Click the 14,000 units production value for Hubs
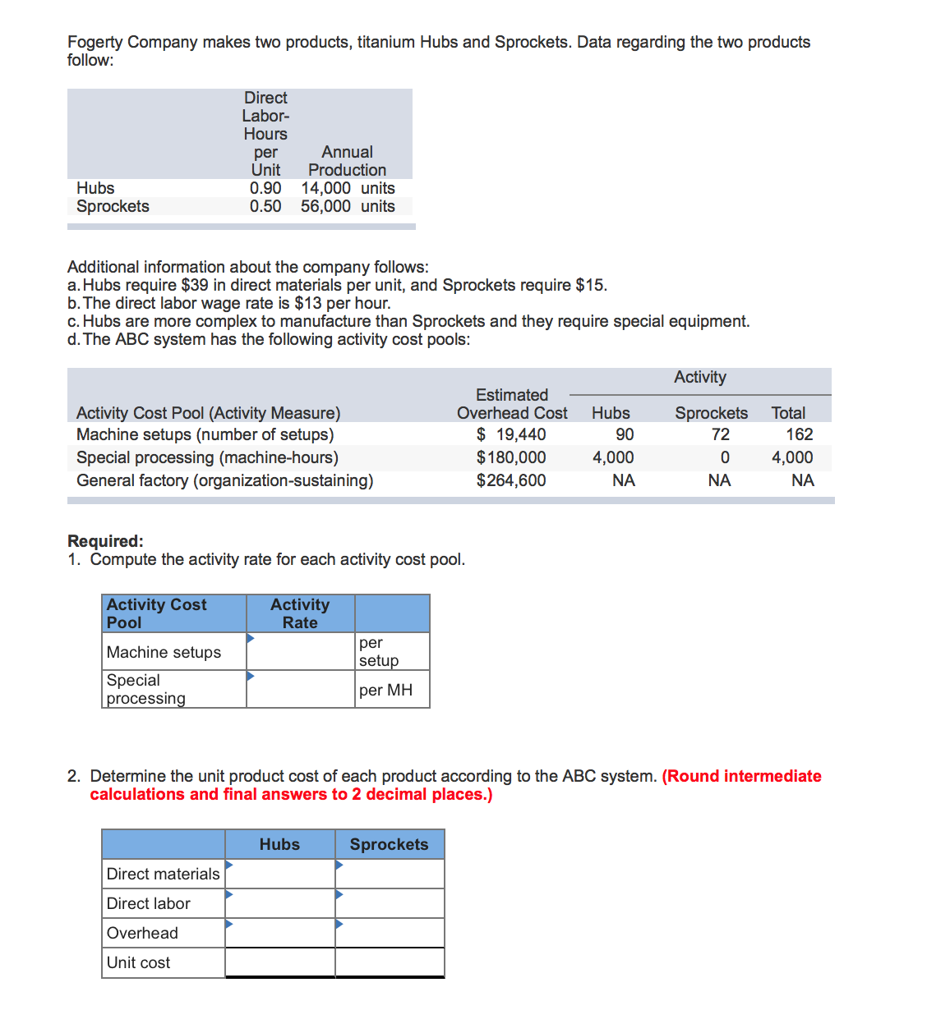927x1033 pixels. pyautogui.click(x=347, y=188)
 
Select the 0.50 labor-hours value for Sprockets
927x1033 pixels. pyautogui.click(x=265, y=206)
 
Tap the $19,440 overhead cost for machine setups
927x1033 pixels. pyautogui.click(x=511, y=434)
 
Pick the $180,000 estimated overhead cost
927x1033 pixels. pyautogui.click(x=511, y=457)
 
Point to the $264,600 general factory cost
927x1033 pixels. pyautogui.click(x=511, y=480)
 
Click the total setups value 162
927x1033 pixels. pyautogui.click(x=799, y=434)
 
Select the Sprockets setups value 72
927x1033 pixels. pyautogui.click(x=720, y=434)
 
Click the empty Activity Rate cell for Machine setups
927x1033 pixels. pyautogui.click(x=301, y=652)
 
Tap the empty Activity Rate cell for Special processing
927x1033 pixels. pyautogui.click(x=301, y=690)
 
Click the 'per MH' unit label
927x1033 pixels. pyautogui.click(x=385, y=690)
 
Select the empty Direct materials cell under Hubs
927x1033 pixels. pyautogui.click(x=280, y=874)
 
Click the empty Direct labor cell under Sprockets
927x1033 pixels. pyautogui.click(x=390, y=903)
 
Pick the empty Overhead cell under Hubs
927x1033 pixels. pyautogui.click(x=280, y=933)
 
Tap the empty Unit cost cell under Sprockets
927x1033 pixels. pyautogui.click(x=390, y=962)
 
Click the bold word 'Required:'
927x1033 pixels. pyautogui.click(x=105, y=541)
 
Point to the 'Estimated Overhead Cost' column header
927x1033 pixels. pyautogui.click(x=511, y=404)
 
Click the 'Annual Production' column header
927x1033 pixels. pyautogui.click(x=347, y=161)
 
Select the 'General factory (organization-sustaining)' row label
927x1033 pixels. pyautogui.click(x=224, y=480)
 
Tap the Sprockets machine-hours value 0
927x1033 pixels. pyautogui.click(x=724, y=457)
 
